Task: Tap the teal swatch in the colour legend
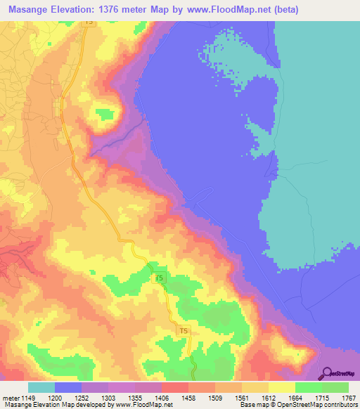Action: [41, 388]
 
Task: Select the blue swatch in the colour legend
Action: [67, 388]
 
